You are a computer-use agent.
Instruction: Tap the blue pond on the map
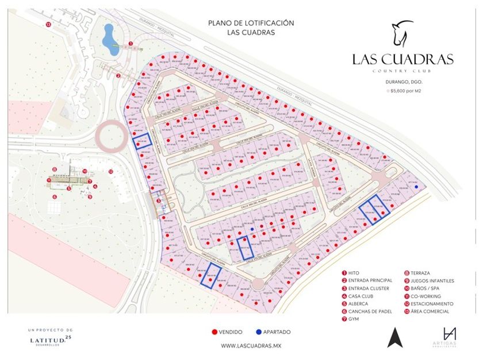coord(109,38)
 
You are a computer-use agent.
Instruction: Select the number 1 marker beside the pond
coord(131,43)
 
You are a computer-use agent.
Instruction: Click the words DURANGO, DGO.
coord(402,82)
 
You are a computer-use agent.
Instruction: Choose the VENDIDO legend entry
coord(227,332)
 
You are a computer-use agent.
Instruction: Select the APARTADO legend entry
coord(274,332)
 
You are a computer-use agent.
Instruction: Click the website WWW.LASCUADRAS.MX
coord(246,346)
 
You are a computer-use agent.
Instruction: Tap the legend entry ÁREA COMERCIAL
coord(431,311)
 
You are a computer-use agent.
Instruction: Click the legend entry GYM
coord(356,319)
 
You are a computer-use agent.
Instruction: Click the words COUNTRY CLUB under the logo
coord(402,71)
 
